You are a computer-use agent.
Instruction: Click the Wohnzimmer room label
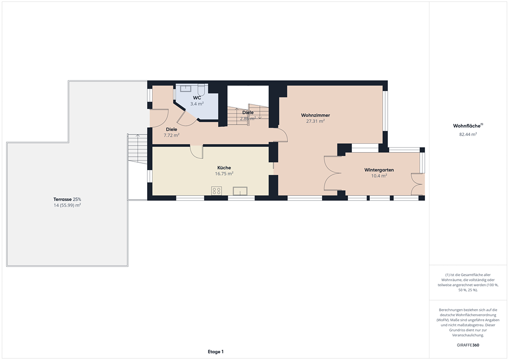[315, 115]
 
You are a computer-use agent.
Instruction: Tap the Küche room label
[224, 168]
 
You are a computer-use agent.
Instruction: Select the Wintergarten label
[379, 170]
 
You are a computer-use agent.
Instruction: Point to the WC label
[197, 98]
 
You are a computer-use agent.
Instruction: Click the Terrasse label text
[63, 199]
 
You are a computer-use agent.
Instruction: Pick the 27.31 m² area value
[315, 121]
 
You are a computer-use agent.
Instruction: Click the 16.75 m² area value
[224, 174]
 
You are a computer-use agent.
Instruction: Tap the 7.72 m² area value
[171, 135]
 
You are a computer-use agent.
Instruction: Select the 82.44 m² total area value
[468, 134]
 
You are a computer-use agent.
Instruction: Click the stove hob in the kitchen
[217, 191]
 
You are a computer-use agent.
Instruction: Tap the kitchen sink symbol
[240, 191]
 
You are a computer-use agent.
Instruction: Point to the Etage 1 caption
[216, 352]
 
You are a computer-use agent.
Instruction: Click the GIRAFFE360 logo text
[468, 345]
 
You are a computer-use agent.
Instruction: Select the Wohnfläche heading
[467, 126]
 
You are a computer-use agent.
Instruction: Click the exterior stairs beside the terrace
[137, 149]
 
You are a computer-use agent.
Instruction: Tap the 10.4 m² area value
[379, 176]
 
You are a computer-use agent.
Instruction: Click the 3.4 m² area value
[197, 104]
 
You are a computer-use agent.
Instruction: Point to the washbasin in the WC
[186, 89]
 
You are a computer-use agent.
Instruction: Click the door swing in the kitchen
[196, 152]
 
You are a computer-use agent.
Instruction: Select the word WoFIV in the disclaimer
[442, 320]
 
